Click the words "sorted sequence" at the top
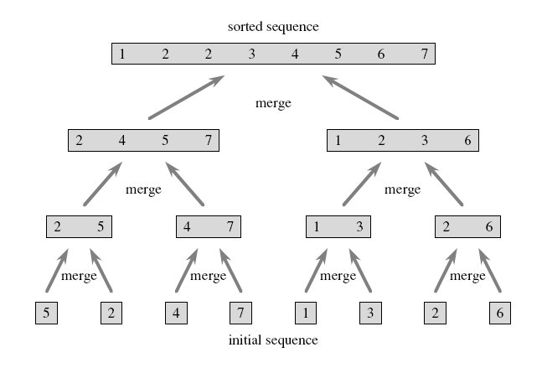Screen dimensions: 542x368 273,27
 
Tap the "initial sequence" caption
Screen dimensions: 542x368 273,340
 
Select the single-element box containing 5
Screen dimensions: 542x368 46,313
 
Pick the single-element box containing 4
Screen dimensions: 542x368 176,313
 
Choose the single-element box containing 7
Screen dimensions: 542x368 241,313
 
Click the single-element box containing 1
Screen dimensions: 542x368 306,313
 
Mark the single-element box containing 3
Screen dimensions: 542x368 370,313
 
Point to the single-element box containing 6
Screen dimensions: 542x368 500,313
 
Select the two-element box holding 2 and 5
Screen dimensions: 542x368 79,227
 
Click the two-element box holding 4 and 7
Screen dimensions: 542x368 209,227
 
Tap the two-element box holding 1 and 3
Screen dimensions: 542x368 338,227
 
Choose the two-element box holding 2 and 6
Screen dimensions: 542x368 467,227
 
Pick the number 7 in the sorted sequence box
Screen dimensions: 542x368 425,54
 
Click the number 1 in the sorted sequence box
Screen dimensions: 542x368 122,54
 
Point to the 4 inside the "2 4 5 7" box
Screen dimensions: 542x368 122,141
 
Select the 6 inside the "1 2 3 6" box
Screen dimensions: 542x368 467,141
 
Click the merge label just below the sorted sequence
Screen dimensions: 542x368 273,103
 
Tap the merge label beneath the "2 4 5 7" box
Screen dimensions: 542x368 143,190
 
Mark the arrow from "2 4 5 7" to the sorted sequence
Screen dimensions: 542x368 187,97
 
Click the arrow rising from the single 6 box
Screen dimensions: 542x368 490,271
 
